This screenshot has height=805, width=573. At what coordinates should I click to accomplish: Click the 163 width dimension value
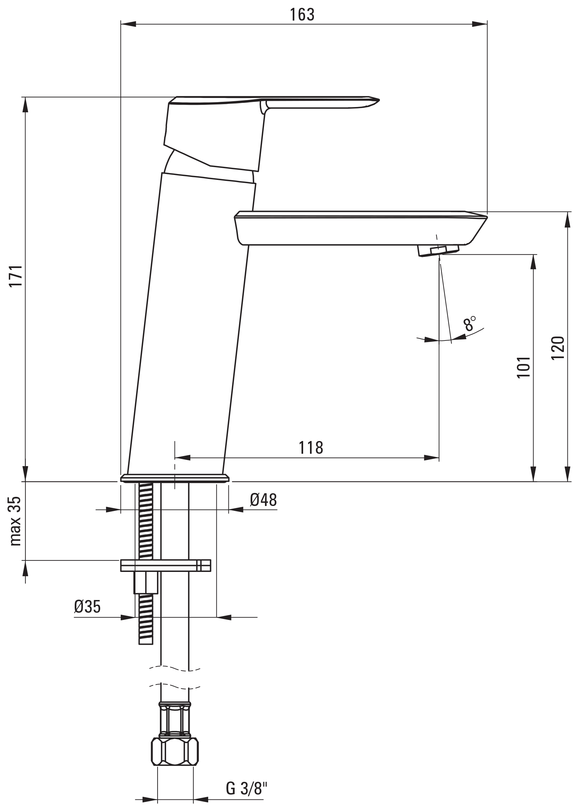[x=302, y=14]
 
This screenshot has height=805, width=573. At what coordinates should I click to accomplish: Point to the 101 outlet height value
[x=524, y=367]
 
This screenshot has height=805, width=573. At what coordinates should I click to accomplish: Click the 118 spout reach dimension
[x=311, y=448]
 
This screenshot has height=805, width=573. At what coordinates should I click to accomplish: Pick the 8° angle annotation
[x=470, y=323]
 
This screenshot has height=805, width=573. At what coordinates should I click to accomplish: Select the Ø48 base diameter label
[x=263, y=500]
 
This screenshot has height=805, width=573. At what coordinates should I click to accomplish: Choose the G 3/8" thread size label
[x=247, y=778]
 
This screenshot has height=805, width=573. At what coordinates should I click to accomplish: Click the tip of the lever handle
[x=379, y=100]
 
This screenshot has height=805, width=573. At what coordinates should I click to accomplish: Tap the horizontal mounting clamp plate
[x=165, y=565]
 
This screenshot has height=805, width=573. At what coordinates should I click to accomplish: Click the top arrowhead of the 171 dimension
[x=25, y=105]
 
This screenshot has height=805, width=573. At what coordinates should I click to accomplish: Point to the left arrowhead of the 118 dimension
[x=182, y=458]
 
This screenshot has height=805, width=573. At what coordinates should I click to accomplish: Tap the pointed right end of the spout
[x=487, y=216]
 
